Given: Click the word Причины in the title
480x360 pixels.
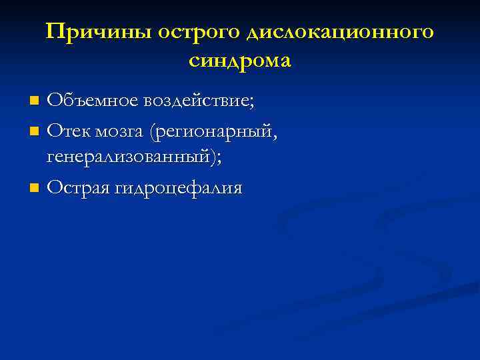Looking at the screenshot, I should tap(87, 32).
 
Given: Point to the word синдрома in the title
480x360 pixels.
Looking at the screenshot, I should tap(240, 61).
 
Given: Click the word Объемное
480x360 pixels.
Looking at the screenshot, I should tap(89, 101).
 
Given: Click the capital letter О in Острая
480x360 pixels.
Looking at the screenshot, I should tap(55, 188).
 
